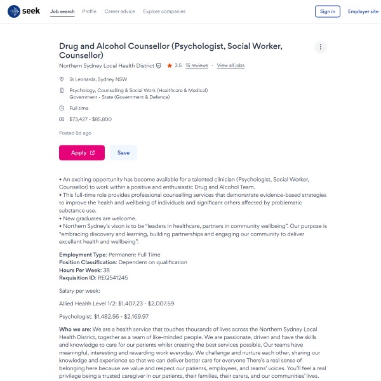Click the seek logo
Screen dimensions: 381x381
click(23, 11)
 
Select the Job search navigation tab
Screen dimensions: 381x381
click(62, 11)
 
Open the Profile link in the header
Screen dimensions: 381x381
click(90, 11)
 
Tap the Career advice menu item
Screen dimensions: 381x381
click(119, 11)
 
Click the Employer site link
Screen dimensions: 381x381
click(363, 11)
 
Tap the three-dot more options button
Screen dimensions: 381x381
click(321, 47)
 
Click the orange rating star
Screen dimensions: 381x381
click(170, 65)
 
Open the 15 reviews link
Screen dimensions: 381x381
click(196, 65)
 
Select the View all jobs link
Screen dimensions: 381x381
click(231, 65)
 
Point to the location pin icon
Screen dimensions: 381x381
click(62, 79)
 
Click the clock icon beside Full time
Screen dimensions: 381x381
click(62, 108)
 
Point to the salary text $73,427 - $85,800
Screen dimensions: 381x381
click(90, 119)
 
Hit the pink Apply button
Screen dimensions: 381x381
click(82, 152)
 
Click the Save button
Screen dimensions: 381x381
click(123, 152)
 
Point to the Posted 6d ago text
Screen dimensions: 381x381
click(75, 133)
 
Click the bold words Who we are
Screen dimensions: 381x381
click(74, 329)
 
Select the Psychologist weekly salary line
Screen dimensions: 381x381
click(104, 316)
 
